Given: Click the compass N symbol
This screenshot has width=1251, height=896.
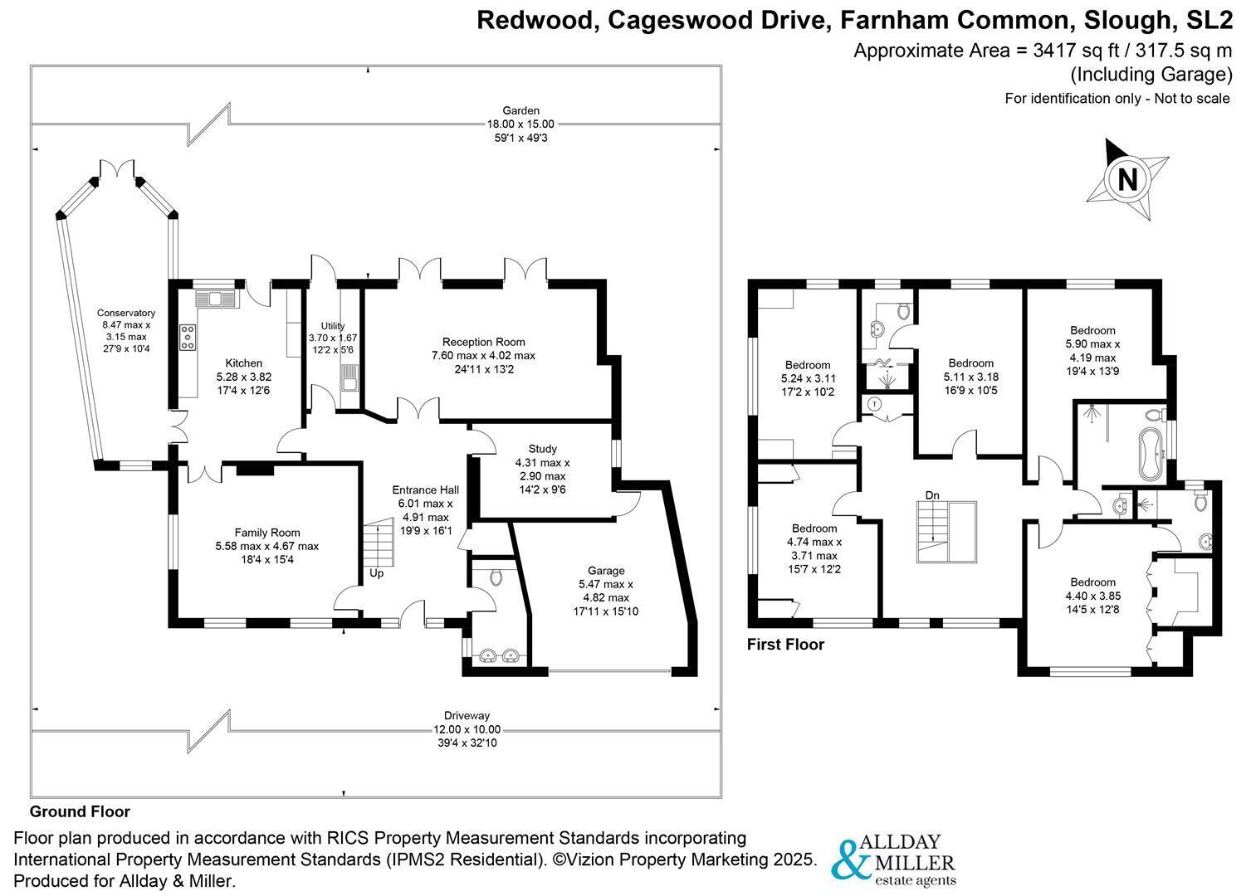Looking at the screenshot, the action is (x=1127, y=180).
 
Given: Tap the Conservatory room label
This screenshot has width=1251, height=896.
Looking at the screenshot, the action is (x=125, y=313).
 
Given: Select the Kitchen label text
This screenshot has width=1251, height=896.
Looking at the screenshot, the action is (x=243, y=363).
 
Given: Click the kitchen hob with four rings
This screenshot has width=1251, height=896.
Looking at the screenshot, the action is (x=188, y=338).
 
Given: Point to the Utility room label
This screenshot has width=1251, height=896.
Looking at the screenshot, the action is (x=333, y=326).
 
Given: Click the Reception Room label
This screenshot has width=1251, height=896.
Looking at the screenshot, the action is (x=484, y=342).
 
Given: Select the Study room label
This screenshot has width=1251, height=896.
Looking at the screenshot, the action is (x=542, y=449).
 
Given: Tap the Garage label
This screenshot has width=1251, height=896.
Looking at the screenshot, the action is (x=606, y=571).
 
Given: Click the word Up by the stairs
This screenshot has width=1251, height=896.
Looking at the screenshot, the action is (x=376, y=573).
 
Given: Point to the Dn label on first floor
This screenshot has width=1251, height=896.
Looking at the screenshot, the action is (x=932, y=495).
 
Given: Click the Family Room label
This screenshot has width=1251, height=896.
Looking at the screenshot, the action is (x=267, y=533).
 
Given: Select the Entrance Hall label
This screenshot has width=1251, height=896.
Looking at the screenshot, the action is (x=426, y=490).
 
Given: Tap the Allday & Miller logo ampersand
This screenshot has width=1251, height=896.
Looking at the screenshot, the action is (x=850, y=859).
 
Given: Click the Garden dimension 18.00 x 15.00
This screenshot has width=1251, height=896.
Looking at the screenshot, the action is (x=520, y=124).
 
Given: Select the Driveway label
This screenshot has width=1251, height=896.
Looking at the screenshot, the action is (x=467, y=716).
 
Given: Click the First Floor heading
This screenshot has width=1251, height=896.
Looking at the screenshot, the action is (x=786, y=645).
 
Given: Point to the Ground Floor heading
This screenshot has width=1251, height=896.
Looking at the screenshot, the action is (x=80, y=811).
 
